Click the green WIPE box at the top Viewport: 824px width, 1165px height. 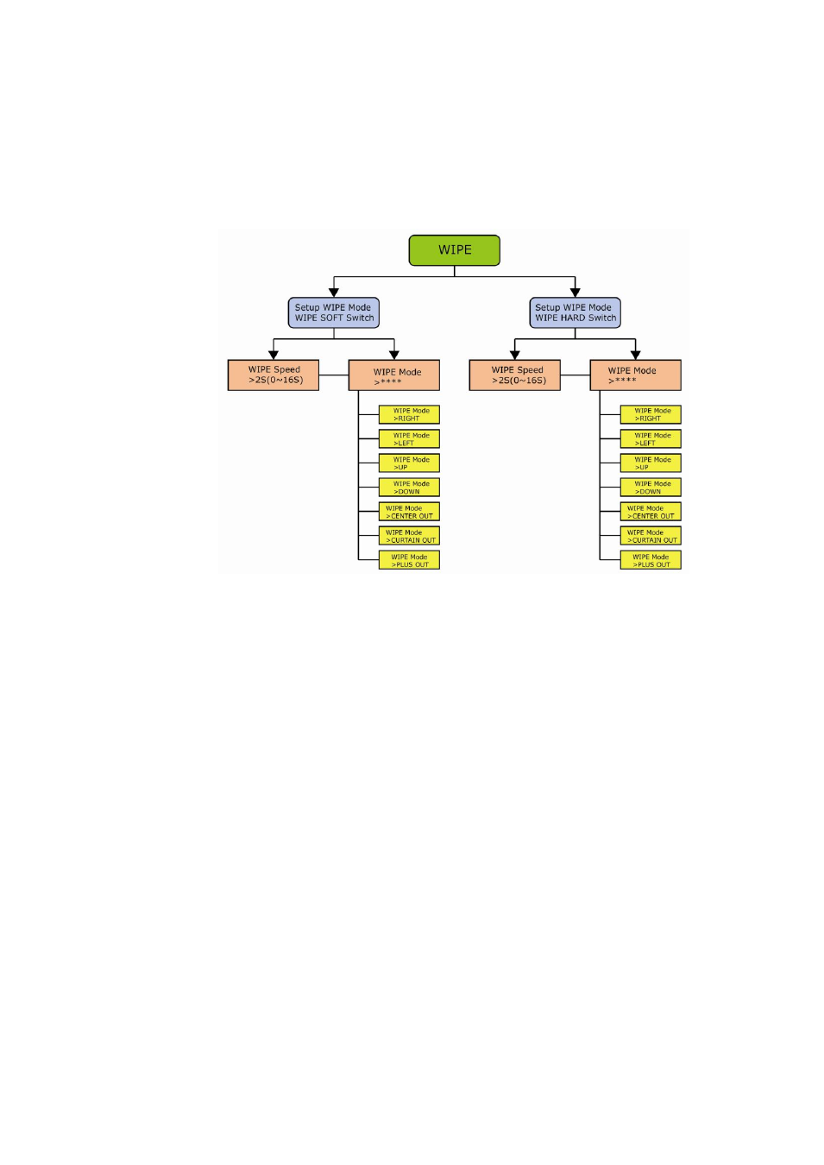(x=454, y=250)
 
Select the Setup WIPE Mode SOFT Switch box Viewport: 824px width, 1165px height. (x=333, y=312)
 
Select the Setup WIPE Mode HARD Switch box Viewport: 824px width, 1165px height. (x=575, y=312)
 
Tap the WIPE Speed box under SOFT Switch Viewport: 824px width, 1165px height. (x=274, y=375)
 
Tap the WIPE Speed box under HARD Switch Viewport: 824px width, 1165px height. (x=515, y=375)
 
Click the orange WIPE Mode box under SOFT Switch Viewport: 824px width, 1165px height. (x=394, y=375)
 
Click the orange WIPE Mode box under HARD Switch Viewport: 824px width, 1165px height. (x=636, y=375)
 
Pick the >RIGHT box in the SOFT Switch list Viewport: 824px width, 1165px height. (x=409, y=414)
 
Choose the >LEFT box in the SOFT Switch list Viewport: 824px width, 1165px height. (x=409, y=438)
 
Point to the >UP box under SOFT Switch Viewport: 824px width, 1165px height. (x=409, y=463)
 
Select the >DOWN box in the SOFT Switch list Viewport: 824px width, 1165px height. (x=409, y=487)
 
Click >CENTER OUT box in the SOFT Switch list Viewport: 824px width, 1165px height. (x=409, y=512)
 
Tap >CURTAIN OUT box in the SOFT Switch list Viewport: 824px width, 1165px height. (x=409, y=536)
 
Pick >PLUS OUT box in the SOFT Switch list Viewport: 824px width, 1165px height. (x=409, y=560)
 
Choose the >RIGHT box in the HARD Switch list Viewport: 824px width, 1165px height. (x=651, y=414)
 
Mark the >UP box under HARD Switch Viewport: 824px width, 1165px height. (x=651, y=463)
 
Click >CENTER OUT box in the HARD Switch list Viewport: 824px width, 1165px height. (x=651, y=512)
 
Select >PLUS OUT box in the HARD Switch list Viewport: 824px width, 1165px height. (x=651, y=560)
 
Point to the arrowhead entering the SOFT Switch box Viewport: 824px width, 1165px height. (x=334, y=293)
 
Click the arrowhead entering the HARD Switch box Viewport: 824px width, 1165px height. (x=576, y=293)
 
